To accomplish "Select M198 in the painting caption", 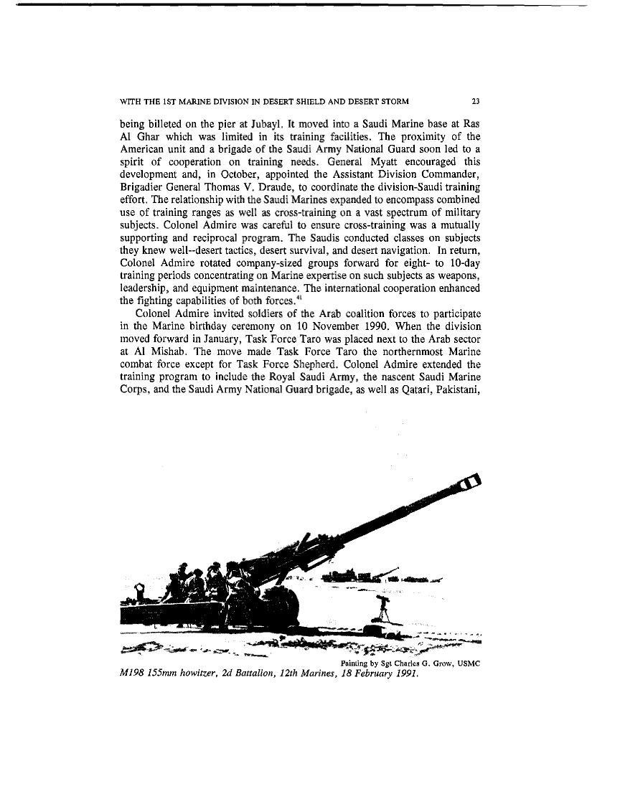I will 133,676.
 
